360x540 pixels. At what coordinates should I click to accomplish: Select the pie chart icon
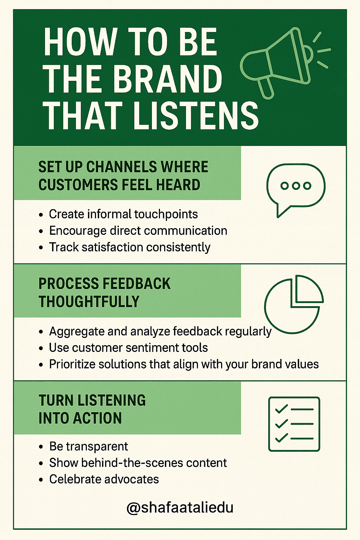pyautogui.click(x=294, y=304)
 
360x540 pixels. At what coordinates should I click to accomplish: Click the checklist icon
pyautogui.click(x=294, y=424)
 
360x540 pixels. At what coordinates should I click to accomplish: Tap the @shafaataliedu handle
pyautogui.click(x=180, y=508)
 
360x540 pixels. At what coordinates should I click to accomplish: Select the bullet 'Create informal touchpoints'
pyautogui.click(x=123, y=214)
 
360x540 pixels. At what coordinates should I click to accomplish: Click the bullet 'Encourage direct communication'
pyautogui.click(x=138, y=231)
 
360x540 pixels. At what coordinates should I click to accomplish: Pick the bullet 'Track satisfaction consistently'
pyautogui.click(x=129, y=247)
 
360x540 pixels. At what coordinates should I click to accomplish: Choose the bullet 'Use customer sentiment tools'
pyautogui.click(x=128, y=348)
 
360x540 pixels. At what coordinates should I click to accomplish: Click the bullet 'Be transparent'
pyautogui.click(x=89, y=446)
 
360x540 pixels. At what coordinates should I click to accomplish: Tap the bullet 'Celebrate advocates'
pyautogui.click(x=104, y=479)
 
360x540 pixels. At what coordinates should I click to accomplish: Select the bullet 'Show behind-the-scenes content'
pyautogui.click(x=138, y=463)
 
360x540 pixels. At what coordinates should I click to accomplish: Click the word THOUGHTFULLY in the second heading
pyautogui.click(x=89, y=302)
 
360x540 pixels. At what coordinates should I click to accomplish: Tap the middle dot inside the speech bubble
pyautogui.click(x=296, y=186)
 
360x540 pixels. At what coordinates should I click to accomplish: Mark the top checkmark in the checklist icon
pyautogui.click(x=281, y=409)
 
